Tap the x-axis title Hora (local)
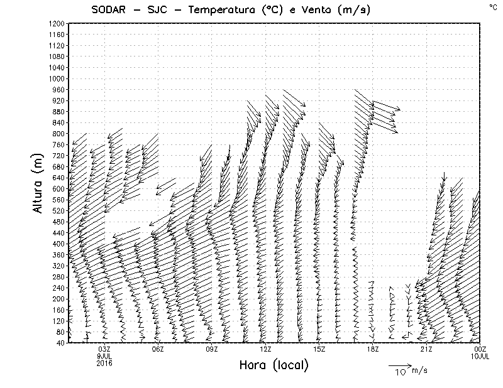[273, 365]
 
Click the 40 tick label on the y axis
[60, 343]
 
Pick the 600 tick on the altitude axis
[58, 188]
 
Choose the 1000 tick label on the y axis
[57, 78]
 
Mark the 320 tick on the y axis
[58, 266]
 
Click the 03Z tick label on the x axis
[104, 349]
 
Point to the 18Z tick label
[373, 349]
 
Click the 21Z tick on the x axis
[426, 349]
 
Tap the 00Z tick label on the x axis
[480, 349]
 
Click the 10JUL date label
[480, 356]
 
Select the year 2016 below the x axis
[104, 362]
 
